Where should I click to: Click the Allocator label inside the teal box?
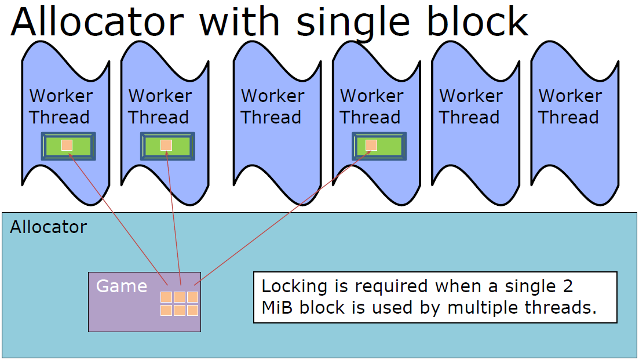click(x=49, y=227)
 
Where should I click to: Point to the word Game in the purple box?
click(x=122, y=286)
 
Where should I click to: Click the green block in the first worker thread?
click(x=68, y=146)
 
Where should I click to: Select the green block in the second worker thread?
click(x=167, y=146)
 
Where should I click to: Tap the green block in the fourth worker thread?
click(x=379, y=146)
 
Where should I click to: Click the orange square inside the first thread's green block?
click(x=67, y=145)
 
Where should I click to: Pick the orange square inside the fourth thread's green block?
click(x=371, y=145)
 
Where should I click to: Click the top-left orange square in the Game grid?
click(x=166, y=297)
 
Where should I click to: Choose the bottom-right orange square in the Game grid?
click(x=192, y=310)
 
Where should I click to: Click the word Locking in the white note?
click(x=294, y=286)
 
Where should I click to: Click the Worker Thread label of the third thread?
click(x=272, y=107)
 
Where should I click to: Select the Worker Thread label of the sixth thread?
click(x=569, y=107)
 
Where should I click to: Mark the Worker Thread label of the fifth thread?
click(x=470, y=107)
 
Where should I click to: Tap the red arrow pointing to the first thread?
click(x=118, y=219)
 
